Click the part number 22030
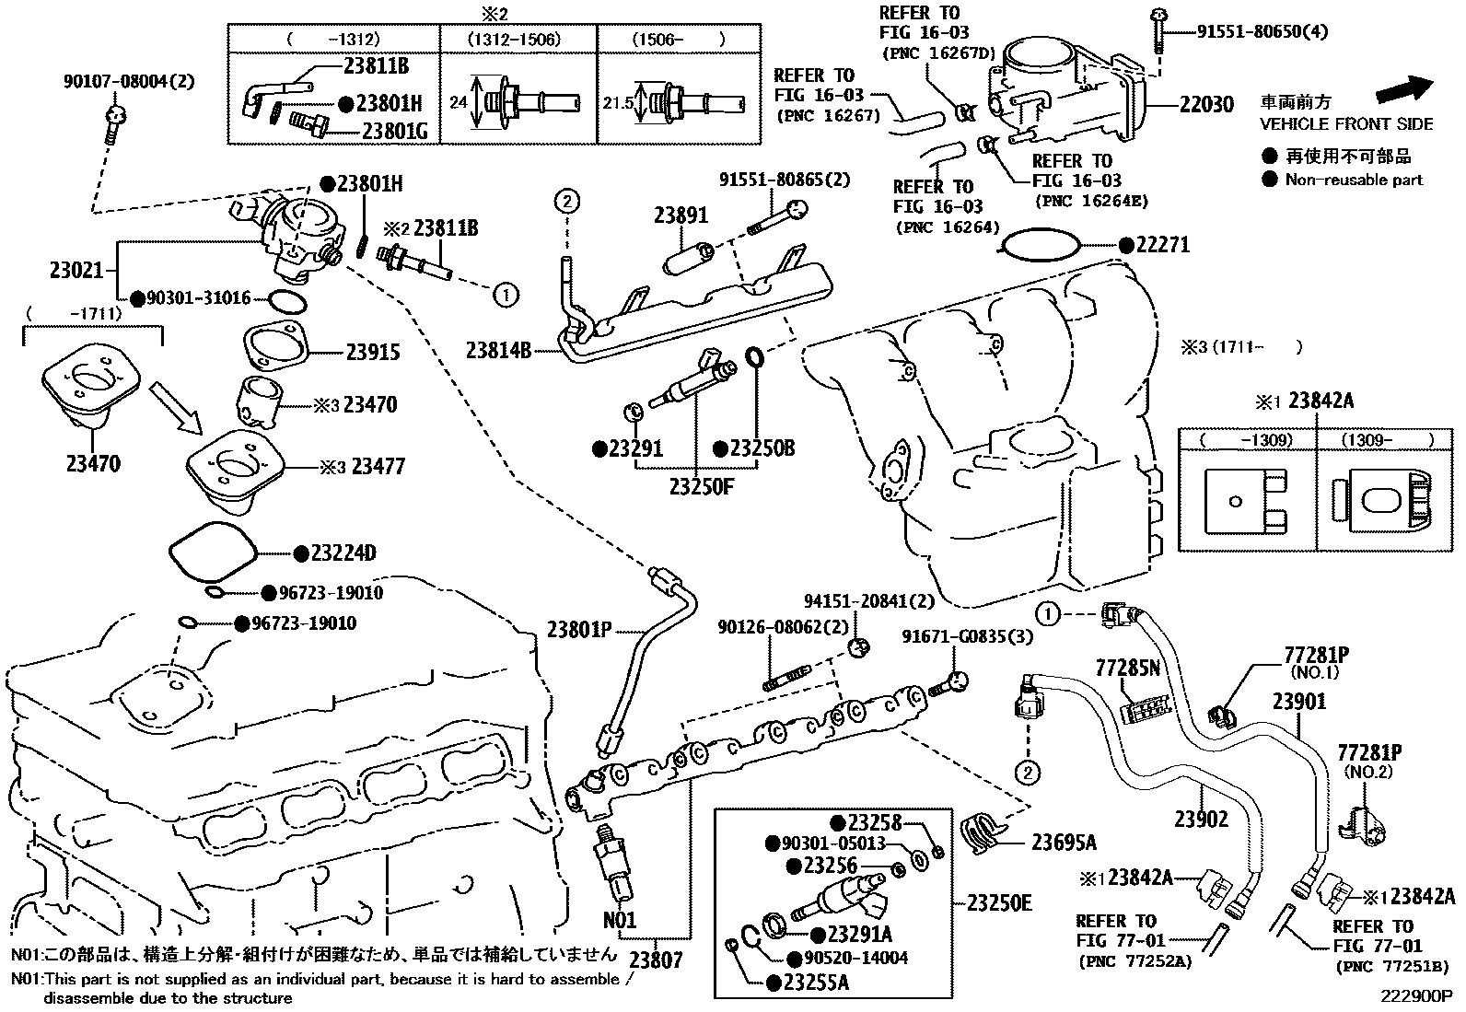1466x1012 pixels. (x=1206, y=105)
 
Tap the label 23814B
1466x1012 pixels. (x=498, y=350)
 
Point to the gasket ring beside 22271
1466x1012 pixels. (x=1042, y=245)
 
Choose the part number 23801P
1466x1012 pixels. (x=579, y=630)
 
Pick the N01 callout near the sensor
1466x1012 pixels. (x=619, y=919)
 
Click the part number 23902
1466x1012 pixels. (x=1201, y=819)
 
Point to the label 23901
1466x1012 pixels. (x=1299, y=702)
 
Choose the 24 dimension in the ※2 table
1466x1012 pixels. (x=458, y=102)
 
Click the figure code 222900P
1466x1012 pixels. (x=1415, y=996)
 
